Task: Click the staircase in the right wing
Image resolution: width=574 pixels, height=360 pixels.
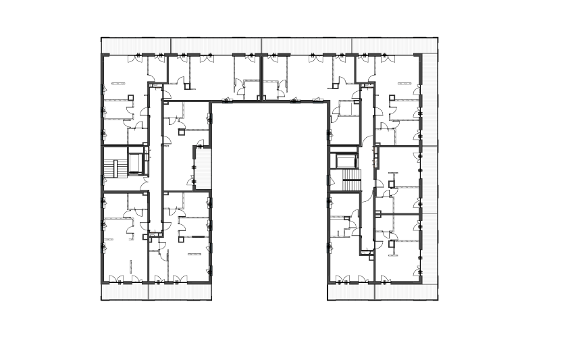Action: click(x=351, y=180)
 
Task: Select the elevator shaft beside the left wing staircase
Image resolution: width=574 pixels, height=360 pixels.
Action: click(x=135, y=163)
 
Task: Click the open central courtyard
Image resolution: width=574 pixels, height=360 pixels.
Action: click(x=270, y=196)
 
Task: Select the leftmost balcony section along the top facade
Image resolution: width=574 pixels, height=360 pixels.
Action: click(x=136, y=45)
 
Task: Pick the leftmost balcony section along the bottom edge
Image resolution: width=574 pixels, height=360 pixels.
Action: click(x=124, y=291)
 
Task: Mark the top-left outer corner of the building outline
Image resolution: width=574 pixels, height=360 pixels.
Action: click(x=101, y=37)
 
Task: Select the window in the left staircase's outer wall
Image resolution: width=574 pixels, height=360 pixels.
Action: click(x=103, y=168)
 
